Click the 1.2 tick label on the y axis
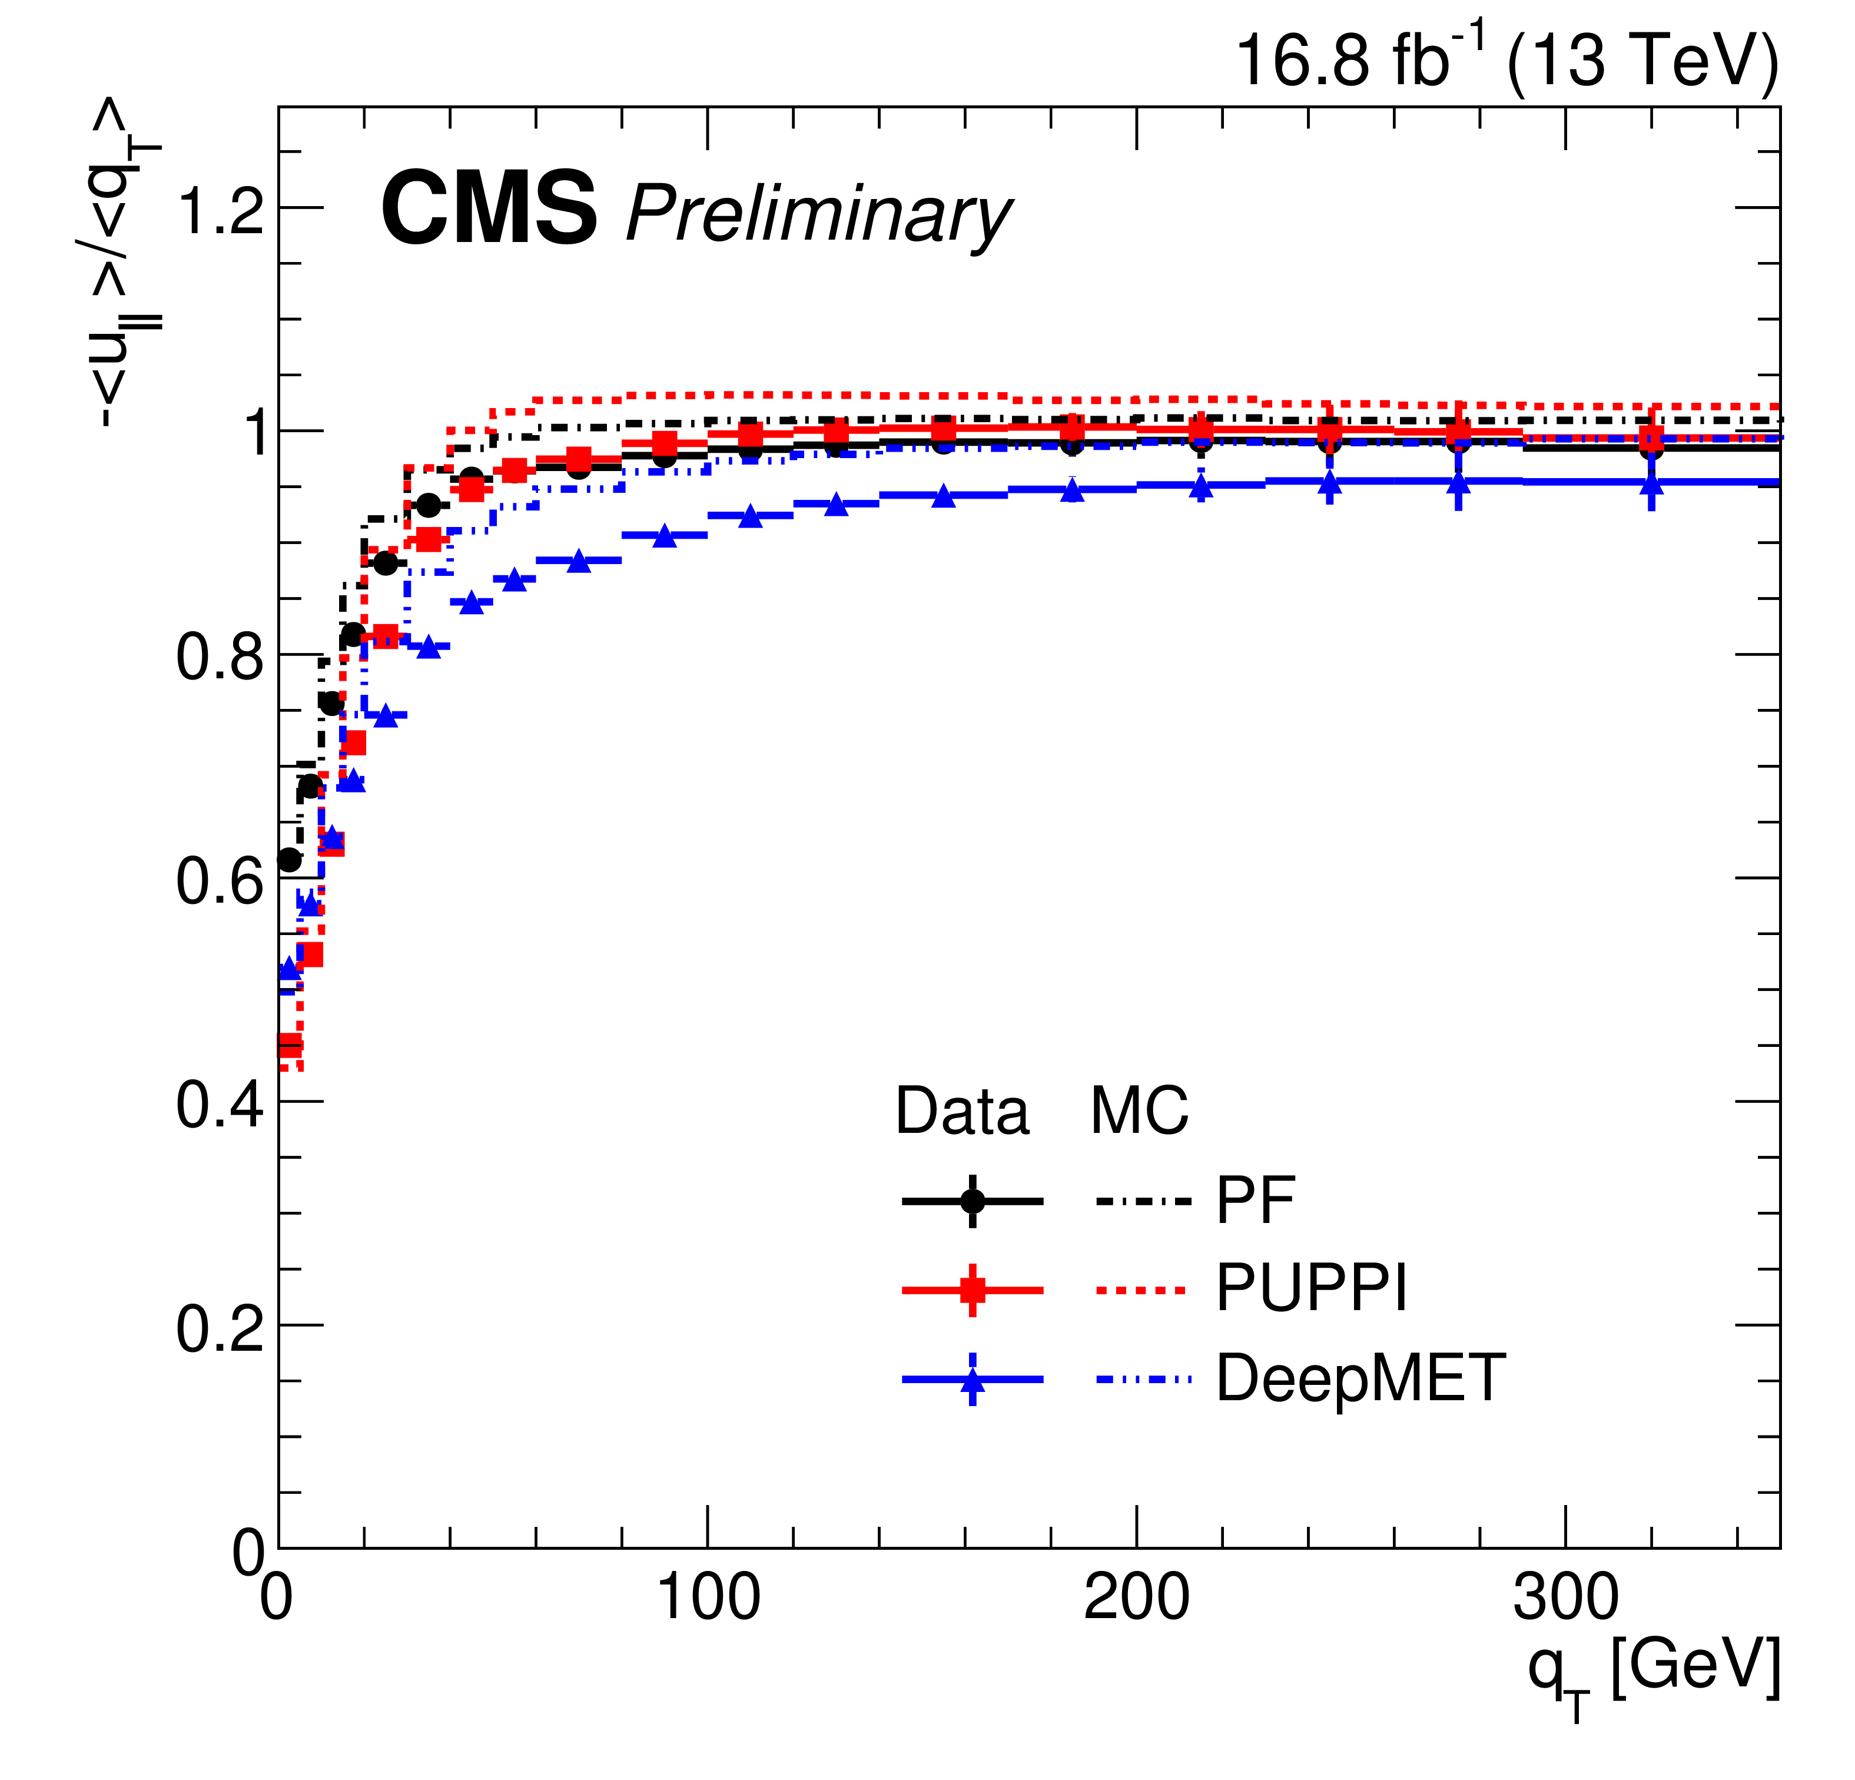coord(220,208)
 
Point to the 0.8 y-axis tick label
coord(220,655)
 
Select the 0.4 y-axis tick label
coord(220,1103)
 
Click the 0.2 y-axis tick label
coord(220,1327)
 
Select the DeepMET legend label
coord(1360,1378)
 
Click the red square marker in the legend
coord(972,1290)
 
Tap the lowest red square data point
coord(290,1045)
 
